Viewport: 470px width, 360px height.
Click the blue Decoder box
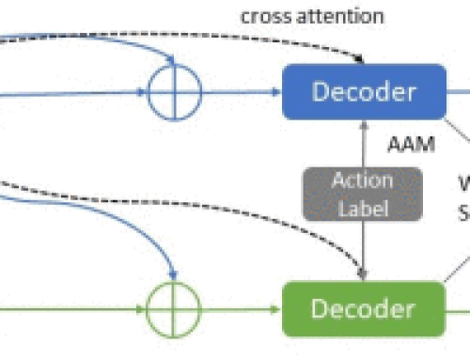363,91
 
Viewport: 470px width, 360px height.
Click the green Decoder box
363,308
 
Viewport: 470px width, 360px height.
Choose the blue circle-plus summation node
174,92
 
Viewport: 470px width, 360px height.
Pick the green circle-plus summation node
174,309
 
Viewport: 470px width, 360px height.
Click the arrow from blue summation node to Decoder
240,92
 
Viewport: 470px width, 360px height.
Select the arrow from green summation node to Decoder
240,309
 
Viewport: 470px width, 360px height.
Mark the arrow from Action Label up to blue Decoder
362,141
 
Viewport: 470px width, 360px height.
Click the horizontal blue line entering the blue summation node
75,92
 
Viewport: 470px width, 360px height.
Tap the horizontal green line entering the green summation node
75,309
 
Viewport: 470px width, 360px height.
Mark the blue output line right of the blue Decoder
457,91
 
